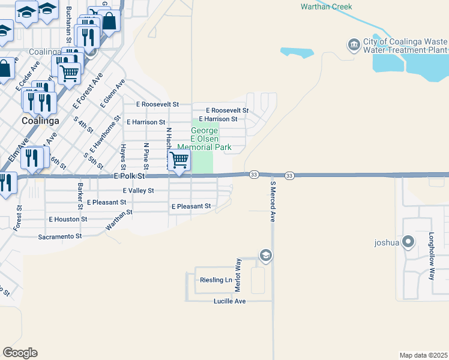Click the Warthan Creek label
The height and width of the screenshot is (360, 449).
326,7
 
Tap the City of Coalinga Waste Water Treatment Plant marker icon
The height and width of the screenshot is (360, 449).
354,44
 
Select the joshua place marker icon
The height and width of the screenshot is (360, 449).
408,242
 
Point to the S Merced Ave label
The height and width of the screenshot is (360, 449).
272,202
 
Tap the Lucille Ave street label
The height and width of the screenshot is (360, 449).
230,301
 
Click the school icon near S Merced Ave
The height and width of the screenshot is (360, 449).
265,256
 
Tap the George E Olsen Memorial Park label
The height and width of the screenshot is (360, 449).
205,139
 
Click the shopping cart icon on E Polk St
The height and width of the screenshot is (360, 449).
179,160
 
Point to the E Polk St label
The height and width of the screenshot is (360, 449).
129,176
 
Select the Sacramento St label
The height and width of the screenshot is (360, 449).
60,236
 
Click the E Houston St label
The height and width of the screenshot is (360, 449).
68,219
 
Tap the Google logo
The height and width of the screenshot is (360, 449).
20,353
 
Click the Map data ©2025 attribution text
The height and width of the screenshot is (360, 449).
423,355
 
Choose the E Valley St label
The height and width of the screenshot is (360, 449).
138,191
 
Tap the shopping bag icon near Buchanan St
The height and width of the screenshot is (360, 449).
110,22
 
